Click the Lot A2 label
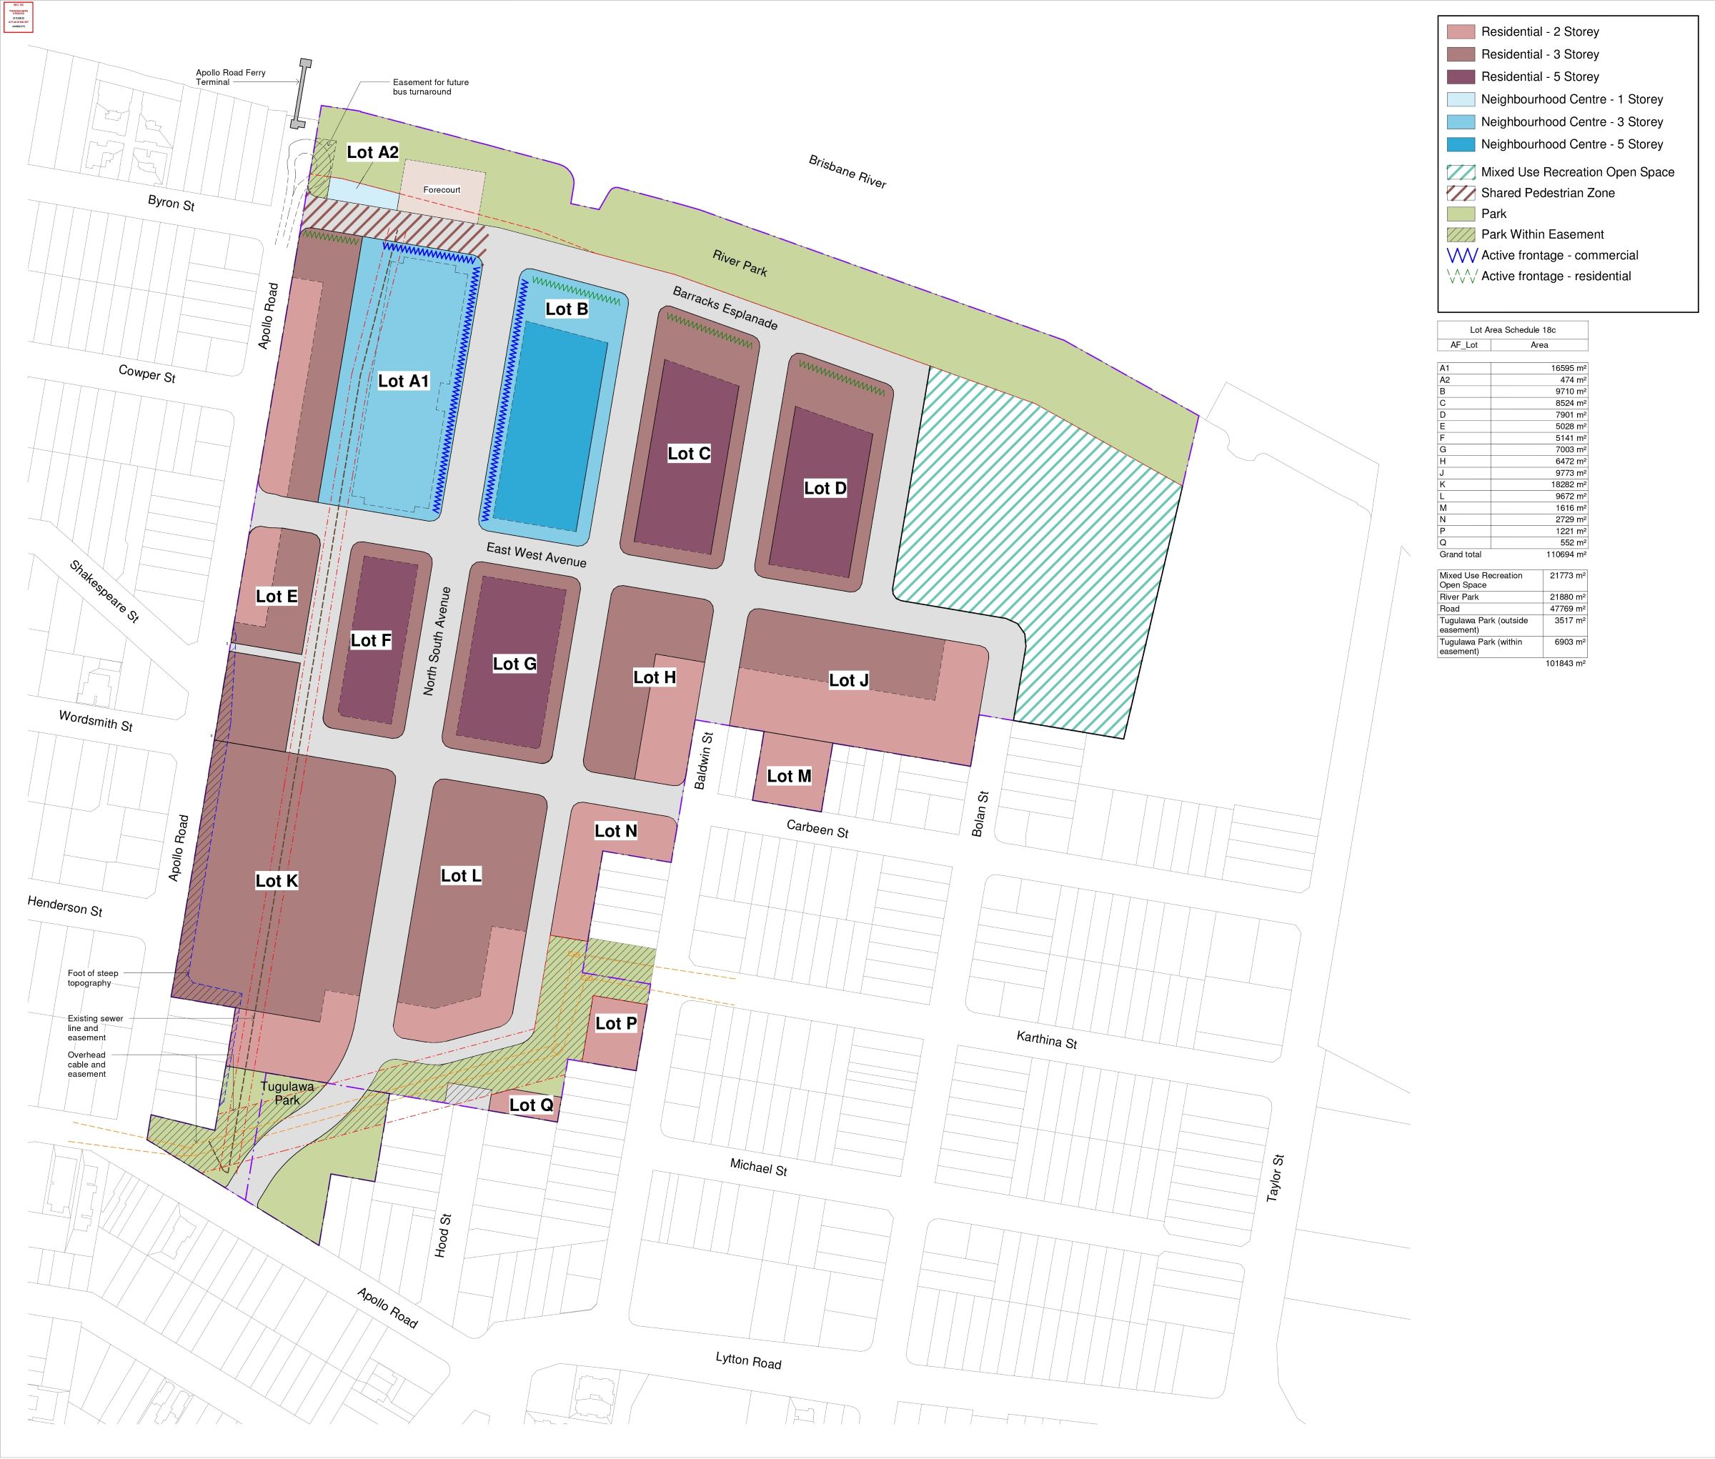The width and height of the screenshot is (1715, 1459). (x=372, y=152)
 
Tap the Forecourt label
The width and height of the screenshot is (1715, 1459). (x=441, y=189)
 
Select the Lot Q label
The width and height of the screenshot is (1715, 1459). (x=530, y=1105)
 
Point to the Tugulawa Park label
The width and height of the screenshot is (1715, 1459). (x=287, y=1092)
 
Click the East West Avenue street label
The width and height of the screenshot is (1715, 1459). (x=536, y=555)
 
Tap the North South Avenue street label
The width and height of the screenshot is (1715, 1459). (x=437, y=641)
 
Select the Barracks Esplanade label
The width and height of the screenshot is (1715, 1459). (x=725, y=308)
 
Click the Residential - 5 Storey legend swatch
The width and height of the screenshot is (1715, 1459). (x=1460, y=77)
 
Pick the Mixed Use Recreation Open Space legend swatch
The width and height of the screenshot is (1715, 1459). (x=1460, y=172)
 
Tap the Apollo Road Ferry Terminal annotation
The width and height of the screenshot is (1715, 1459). (x=230, y=77)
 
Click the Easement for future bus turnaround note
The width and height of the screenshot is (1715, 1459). (x=430, y=87)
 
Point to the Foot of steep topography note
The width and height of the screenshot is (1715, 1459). (x=93, y=977)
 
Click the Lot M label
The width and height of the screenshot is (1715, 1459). (x=788, y=776)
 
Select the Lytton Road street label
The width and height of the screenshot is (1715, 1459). (x=748, y=1360)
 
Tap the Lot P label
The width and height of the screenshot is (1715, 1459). (x=615, y=1023)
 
